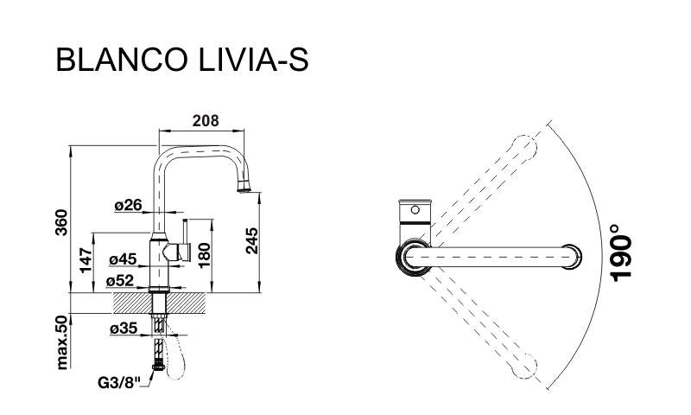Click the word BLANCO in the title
[x=122, y=60]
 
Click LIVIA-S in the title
[x=253, y=60]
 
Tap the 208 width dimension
[x=206, y=120]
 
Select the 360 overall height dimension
[x=61, y=222]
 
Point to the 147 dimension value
[x=86, y=260]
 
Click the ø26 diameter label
[x=128, y=205]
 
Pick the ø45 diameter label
[x=123, y=259]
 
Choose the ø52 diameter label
[x=119, y=280]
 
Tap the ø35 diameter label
[x=124, y=329]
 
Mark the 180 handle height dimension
[x=204, y=255]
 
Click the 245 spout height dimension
[x=251, y=241]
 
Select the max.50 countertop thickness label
[x=62, y=342]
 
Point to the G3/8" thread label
[x=118, y=382]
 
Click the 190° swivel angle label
[x=621, y=252]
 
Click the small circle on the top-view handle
[x=415, y=209]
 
